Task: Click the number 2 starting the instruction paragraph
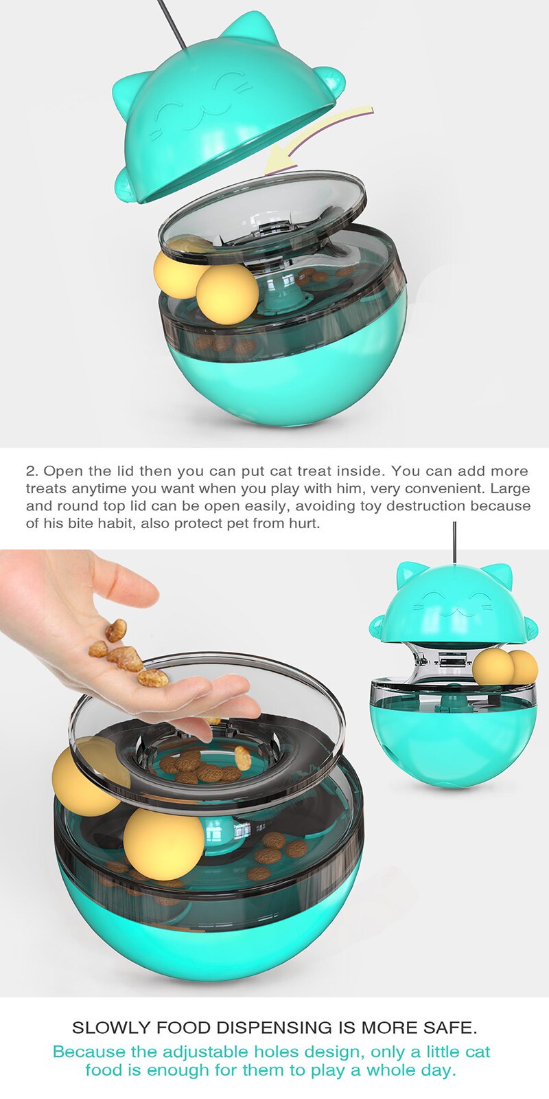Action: pyautogui.click(x=30, y=471)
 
